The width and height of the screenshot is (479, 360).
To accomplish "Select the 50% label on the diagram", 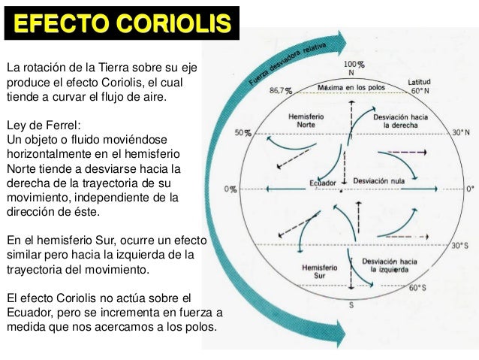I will (x=242, y=133).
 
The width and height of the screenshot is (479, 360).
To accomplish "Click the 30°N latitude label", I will (x=460, y=133).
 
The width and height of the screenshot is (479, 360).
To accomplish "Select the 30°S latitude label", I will (x=460, y=246).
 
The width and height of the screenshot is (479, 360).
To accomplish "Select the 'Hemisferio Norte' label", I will (x=307, y=120).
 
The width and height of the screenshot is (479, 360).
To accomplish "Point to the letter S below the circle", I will (x=350, y=305).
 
